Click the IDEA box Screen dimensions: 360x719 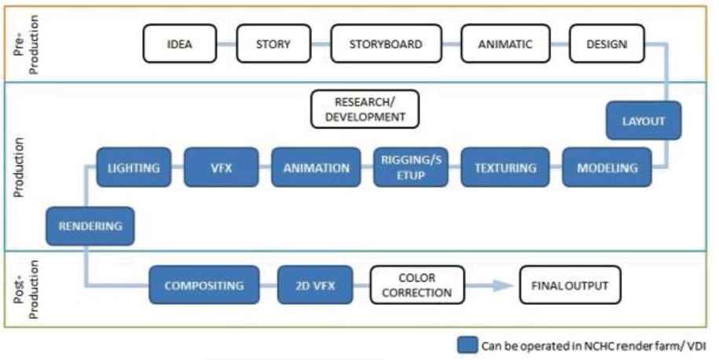point(180,44)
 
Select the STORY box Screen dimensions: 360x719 point(273,44)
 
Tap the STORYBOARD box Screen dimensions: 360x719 point(385,44)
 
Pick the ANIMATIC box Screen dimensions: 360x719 point(504,44)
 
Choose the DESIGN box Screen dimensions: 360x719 point(607,44)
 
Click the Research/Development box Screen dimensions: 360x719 point(365,109)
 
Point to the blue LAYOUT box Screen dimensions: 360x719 point(644,121)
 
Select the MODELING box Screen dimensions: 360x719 point(607,167)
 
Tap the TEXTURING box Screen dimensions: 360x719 point(505,167)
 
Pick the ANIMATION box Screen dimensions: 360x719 point(316,167)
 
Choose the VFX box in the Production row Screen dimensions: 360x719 point(222,167)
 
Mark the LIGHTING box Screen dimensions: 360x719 point(133,167)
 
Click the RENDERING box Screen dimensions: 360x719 point(90,226)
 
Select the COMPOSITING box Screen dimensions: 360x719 point(204,285)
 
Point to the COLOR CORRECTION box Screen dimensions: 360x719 point(417,285)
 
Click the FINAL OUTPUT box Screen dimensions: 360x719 point(569,285)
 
